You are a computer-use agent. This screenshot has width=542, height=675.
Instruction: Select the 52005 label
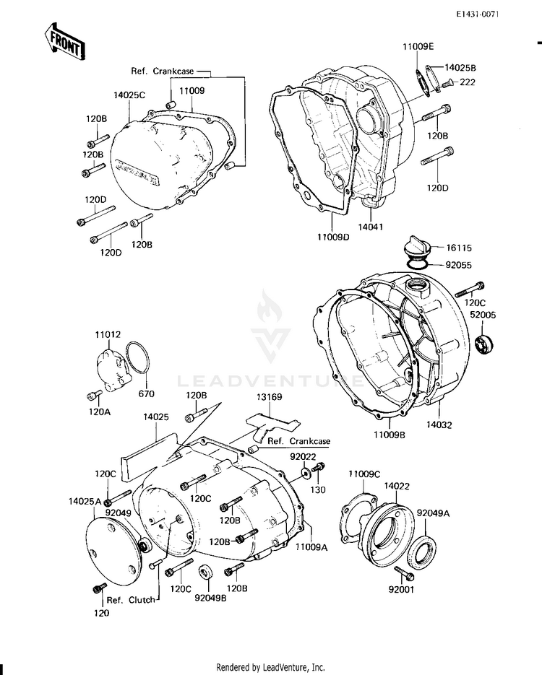pyautogui.click(x=482, y=315)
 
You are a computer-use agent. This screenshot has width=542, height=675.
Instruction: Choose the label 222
pyautogui.click(x=468, y=82)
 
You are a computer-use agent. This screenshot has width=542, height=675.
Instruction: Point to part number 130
pyautogui.click(x=317, y=489)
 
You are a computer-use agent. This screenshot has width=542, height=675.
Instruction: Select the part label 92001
pyautogui.click(x=406, y=589)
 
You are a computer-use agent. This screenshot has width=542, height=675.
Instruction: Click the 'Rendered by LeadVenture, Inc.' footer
pyautogui.click(x=271, y=668)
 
